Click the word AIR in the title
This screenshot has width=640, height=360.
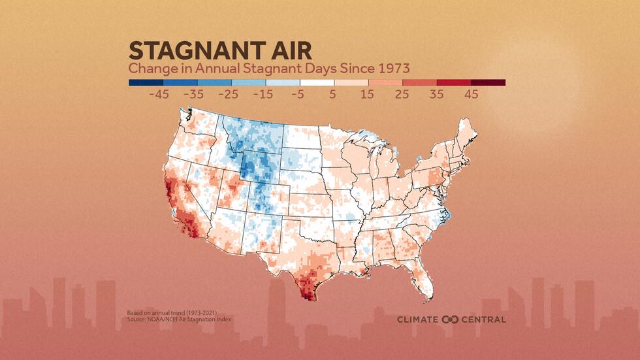tap(288, 50)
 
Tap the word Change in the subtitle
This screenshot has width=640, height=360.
tap(150, 68)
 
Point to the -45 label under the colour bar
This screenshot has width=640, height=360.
tap(159, 95)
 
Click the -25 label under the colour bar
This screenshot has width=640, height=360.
tap(228, 95)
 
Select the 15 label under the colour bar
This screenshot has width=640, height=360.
tap(367, 95)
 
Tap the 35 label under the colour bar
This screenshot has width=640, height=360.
tap(436, 95)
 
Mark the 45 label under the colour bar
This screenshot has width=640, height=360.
tap(470, 95)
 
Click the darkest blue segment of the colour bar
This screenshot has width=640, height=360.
tap(145, 83)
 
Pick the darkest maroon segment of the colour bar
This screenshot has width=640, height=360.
tap(488, 83)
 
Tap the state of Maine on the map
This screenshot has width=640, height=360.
tap(468, 137)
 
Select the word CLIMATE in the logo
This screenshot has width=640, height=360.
tap(419, 319)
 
